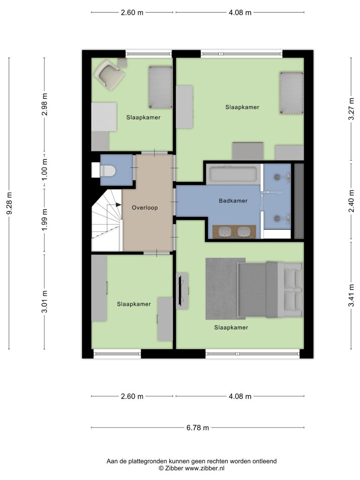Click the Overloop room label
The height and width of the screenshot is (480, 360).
click(145, 208)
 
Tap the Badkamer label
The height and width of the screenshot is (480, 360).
click(233, 201)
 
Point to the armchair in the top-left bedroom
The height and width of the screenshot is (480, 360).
click(109, 75)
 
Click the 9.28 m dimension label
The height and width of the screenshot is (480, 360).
click(9, 203)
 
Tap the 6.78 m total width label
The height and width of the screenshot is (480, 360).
click(198, 427)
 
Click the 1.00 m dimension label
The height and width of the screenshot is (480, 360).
click(45, 169)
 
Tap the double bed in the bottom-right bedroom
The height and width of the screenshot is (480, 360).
click(270, 289)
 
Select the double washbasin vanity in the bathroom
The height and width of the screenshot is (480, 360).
click(234, 232)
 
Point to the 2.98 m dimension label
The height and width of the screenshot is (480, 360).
click(45, 105)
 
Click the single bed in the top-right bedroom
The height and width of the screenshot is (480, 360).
click(292, 93)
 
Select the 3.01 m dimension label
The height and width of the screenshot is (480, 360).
click(45, 302)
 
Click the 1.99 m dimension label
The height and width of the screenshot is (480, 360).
click(45, 220)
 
